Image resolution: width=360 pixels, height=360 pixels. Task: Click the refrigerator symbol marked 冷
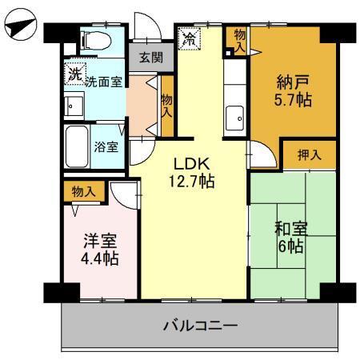tap(190, 38)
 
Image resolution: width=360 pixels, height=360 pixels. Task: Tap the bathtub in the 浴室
tap(77, 146)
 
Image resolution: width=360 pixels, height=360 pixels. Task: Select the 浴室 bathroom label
tap(107, 147)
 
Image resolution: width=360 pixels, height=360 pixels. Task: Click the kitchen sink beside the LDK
tap(236, 117)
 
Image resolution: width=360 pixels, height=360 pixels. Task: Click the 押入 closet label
tap(310, 154)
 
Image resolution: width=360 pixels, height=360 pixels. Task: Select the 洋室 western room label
tap(101, 240)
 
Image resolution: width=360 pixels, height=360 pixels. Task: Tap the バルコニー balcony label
tap(200, 326)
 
